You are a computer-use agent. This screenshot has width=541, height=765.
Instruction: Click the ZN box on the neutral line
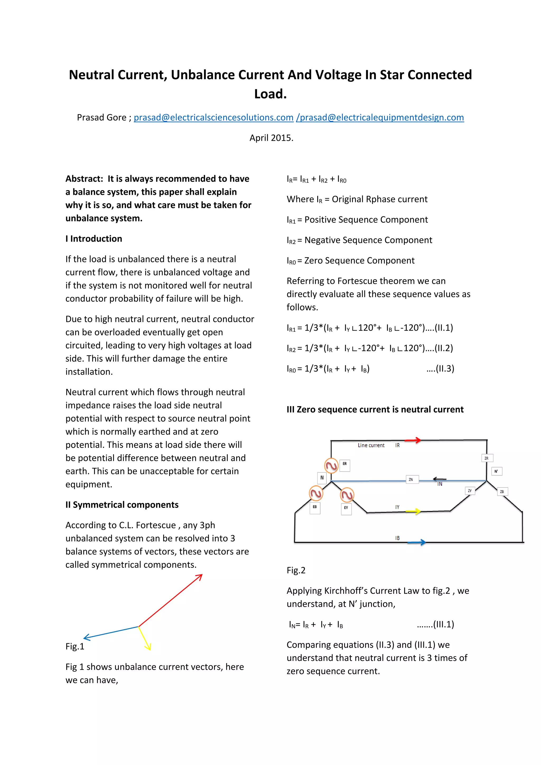point(412,480)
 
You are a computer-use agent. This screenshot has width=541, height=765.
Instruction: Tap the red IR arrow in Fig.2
point(413,440)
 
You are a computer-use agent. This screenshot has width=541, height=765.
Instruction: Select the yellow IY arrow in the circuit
point(414,511)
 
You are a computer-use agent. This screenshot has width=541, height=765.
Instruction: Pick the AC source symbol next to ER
point(331,466)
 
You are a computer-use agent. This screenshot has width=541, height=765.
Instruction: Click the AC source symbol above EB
point(316,494)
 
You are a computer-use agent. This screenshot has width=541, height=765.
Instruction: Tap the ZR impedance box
point(487,458)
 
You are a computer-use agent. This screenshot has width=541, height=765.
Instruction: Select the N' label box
point(496,471)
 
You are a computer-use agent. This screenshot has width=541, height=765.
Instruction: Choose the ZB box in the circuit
point(502,491)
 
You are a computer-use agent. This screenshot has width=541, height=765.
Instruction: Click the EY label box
point(346,508)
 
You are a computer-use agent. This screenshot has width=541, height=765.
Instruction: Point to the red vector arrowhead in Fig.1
point(200,577)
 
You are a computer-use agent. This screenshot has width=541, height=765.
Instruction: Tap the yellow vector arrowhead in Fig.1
point(148,647)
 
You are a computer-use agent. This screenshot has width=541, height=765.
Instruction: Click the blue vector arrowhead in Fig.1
point(87,637)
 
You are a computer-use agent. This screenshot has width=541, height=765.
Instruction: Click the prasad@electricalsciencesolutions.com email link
point(213,117)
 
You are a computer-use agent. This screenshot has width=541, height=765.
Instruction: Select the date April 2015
point(271,138)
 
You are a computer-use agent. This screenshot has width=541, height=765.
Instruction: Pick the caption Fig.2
point(296,570)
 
